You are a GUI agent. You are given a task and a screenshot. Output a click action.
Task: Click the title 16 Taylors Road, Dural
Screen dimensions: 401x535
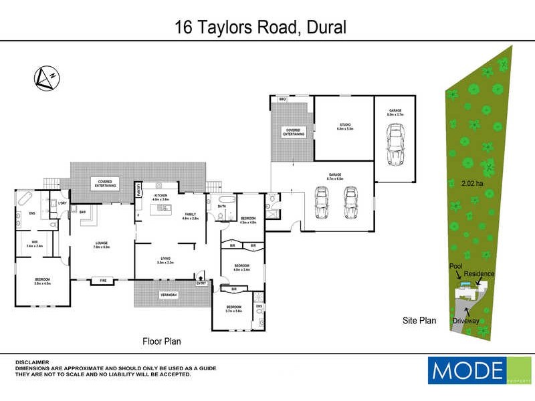click(x=261, y=27)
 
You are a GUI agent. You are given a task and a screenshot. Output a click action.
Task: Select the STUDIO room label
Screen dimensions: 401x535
click(x=344, y=127)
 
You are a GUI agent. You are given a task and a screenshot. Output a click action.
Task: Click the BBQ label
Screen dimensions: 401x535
click(x=282, y=100)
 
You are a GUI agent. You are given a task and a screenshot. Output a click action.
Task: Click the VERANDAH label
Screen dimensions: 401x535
click(x=168, y=295)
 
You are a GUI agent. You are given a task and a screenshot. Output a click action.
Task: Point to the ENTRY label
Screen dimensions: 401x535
click(x=201, y=283)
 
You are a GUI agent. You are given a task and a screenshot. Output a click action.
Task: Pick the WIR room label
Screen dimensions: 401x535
click(x=33, y=243)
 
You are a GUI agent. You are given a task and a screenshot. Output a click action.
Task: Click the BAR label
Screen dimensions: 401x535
click(x=84, y=212)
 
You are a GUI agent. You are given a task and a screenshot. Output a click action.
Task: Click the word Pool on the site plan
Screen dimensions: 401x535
click(x=456, y=265)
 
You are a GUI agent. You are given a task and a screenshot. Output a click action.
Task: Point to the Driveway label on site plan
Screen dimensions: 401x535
click(x=466, y=320)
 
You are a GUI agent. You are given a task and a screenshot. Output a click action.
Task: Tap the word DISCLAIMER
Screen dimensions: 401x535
click(x=32, y=362)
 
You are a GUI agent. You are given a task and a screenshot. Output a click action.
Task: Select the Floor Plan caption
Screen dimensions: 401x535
click(x=162, y=341)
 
